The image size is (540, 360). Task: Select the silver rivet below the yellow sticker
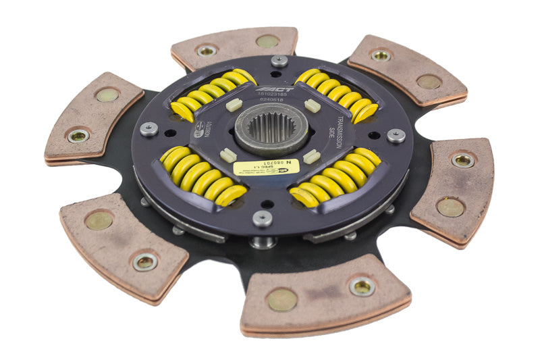tap(261, 217)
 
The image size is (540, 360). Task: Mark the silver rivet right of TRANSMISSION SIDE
tap(396, 135)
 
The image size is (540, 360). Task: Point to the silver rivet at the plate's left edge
tap(149, 128)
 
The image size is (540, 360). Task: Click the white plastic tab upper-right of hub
tap(312, 106)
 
